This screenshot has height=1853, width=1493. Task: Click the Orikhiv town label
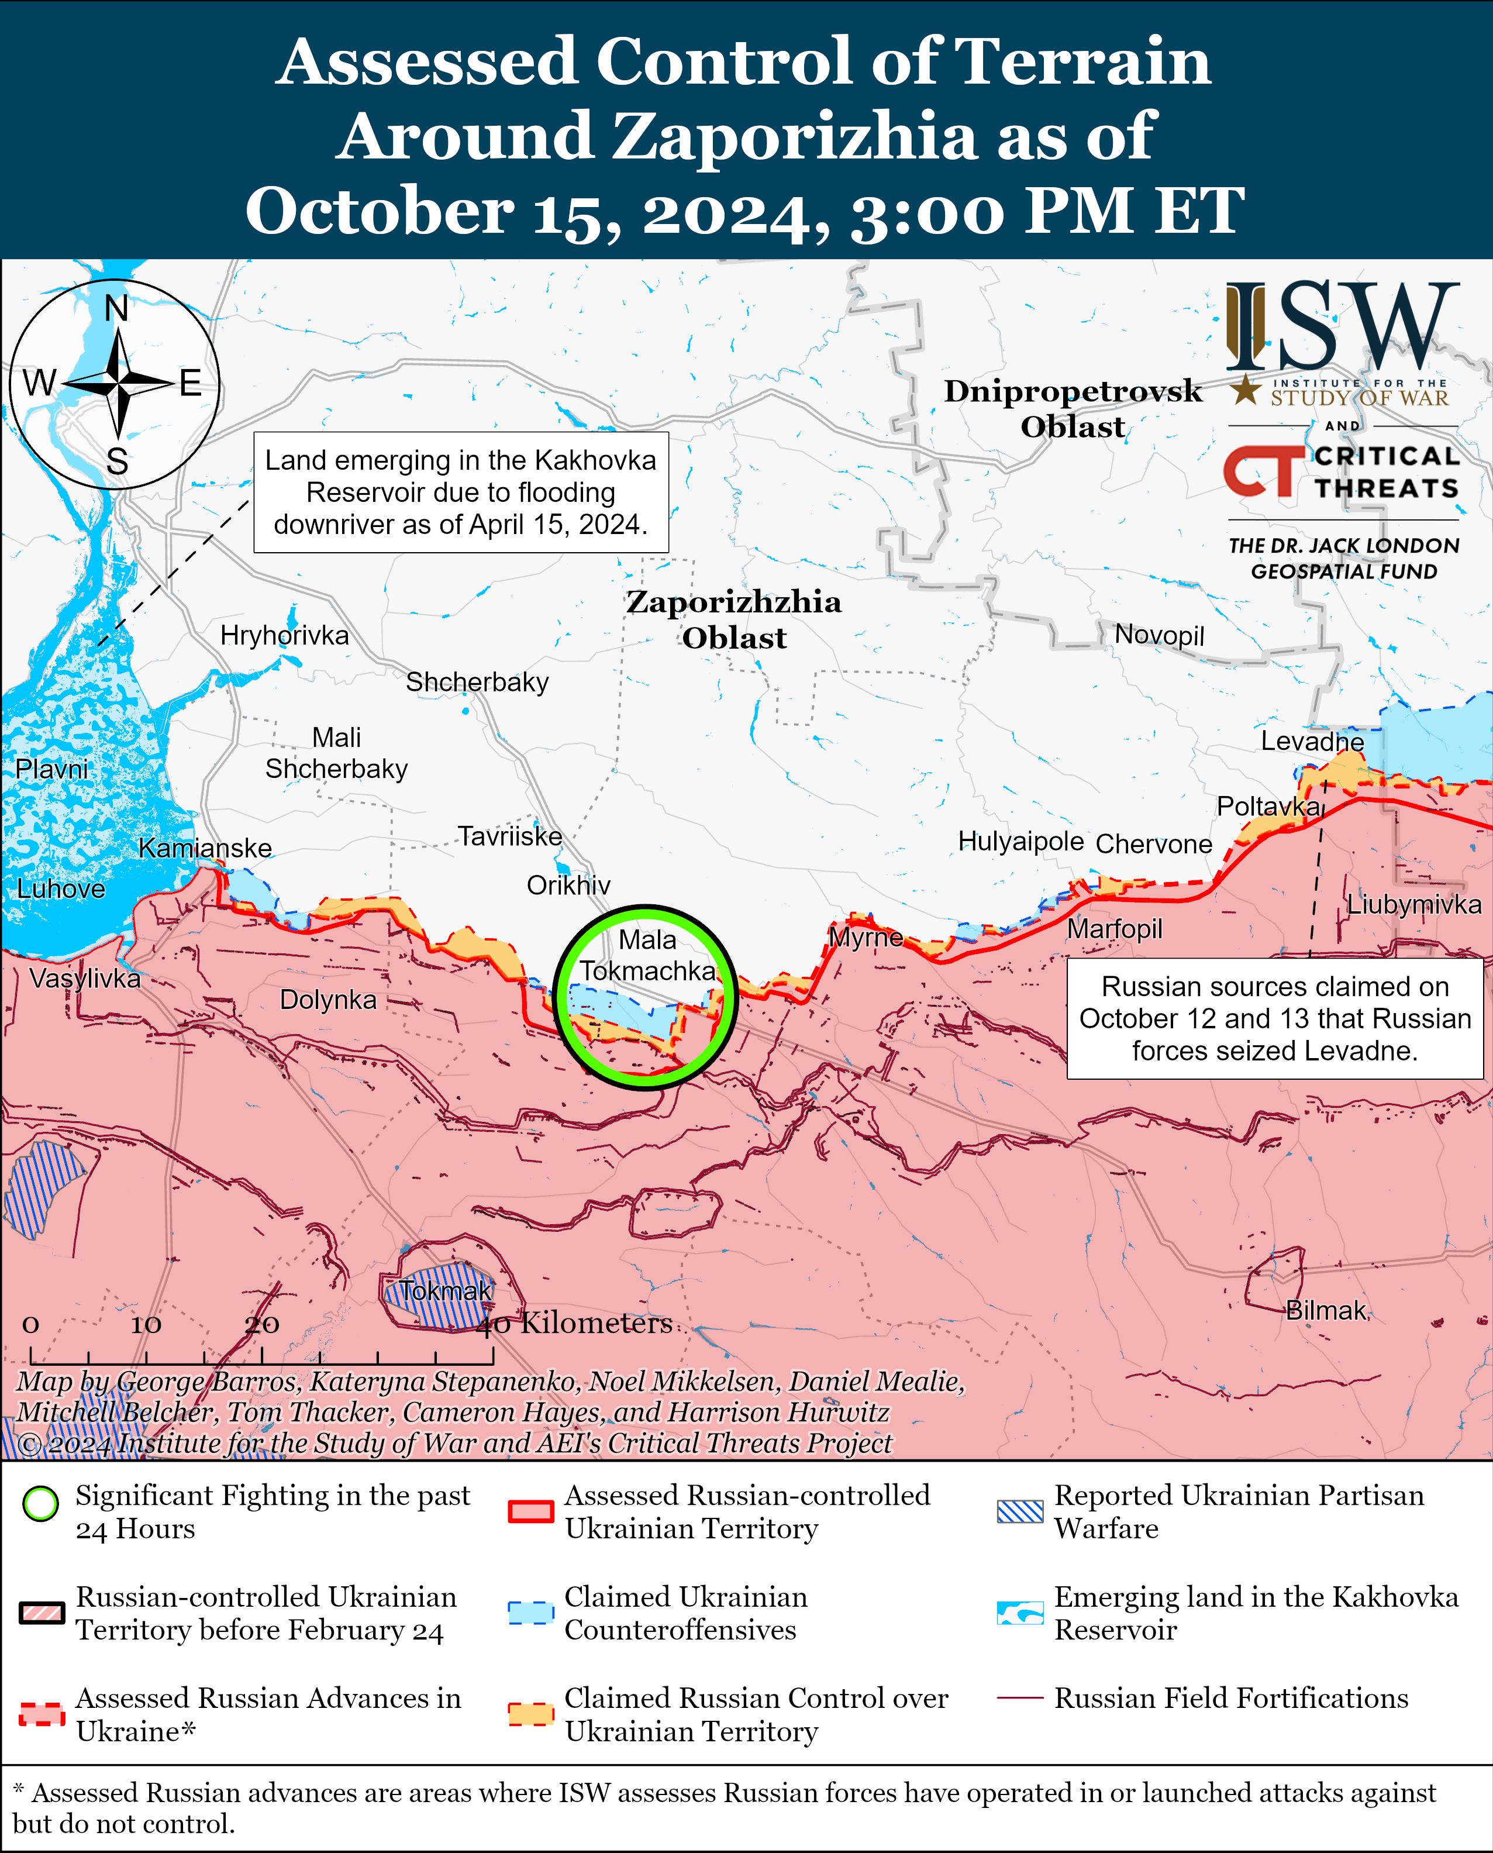[x=568, y=884]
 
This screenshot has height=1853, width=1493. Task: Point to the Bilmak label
[x=1325, y=1310]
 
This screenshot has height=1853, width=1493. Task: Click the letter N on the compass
[x=116, y=308]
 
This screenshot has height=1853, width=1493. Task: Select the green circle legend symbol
[x=40, y=1504]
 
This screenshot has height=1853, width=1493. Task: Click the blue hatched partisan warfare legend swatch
[x=1020, y=1511]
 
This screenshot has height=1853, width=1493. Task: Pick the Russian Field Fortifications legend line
[x=1020, y=1698]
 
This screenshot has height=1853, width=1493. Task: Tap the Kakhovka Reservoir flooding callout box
[x=460, y=492]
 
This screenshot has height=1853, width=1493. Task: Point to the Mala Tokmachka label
[x=647, y=955]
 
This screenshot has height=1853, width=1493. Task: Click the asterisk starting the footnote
[x=19, y=1790]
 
